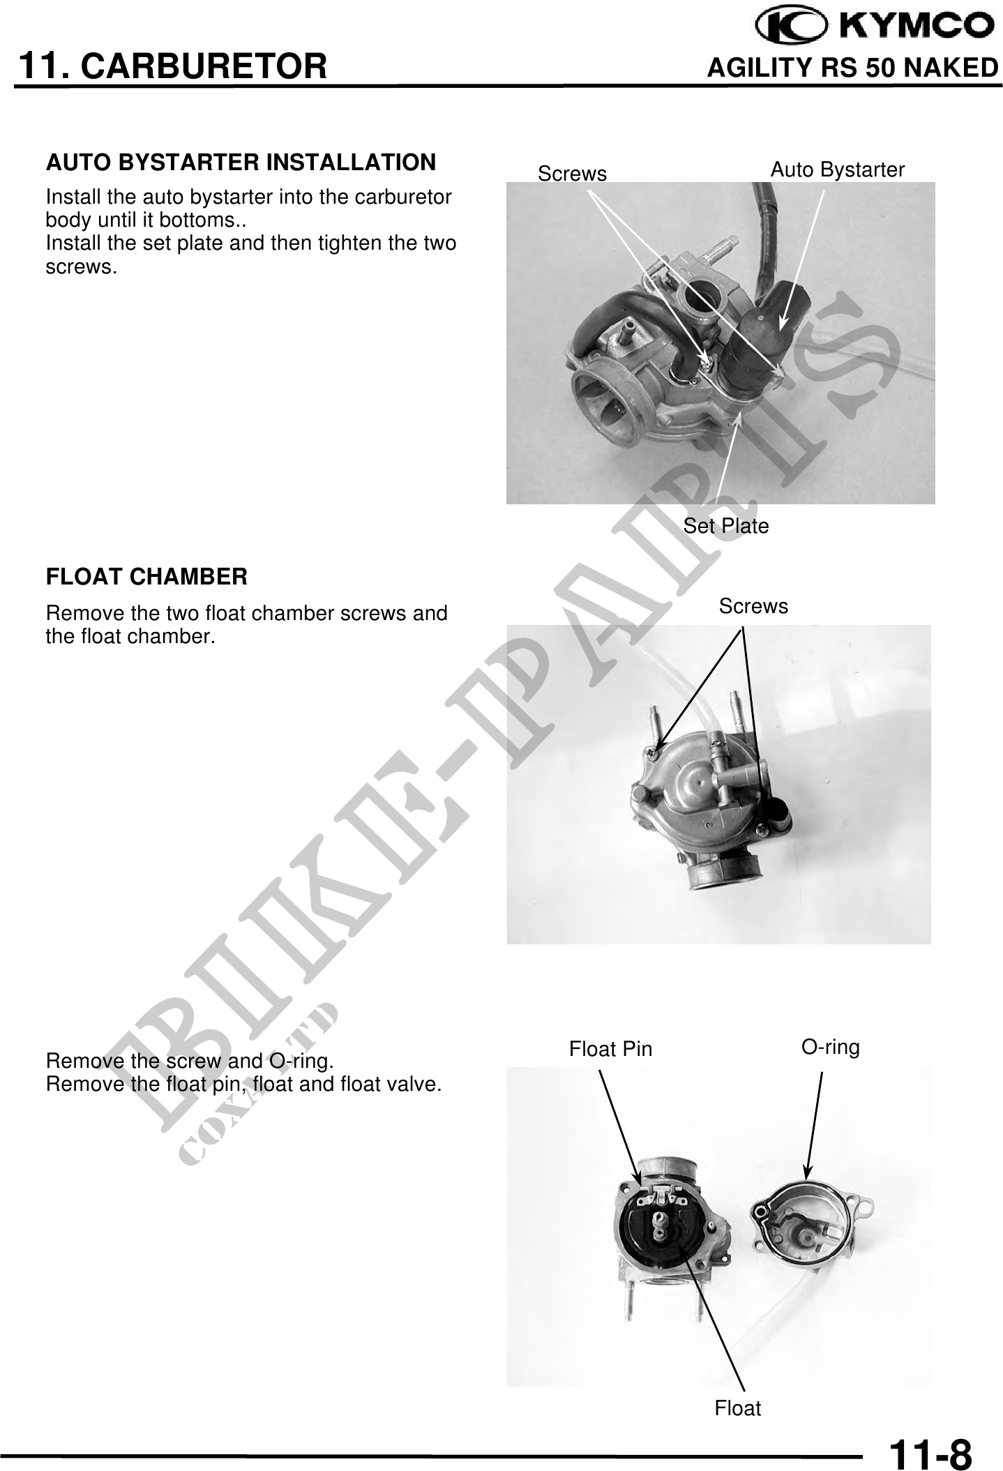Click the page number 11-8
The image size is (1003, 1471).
point(930,1453)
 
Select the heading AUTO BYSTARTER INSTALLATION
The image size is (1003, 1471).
point(241,163)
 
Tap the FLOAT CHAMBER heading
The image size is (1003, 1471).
point(146,577)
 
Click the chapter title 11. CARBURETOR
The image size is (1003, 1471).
point(172,66)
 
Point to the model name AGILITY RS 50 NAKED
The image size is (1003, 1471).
point(853,68)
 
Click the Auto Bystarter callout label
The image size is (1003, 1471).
point(837,169)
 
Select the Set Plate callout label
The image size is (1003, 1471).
point(725,526)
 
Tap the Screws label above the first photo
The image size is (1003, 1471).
point(572,174)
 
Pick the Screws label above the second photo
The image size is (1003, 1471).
point(753,606)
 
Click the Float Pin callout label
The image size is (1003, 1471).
point(610,1048)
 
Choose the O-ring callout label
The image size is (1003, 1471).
point(830,1047)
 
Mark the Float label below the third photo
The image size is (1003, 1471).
point(738,1408)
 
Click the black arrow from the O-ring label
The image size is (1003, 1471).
point(814,1124)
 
